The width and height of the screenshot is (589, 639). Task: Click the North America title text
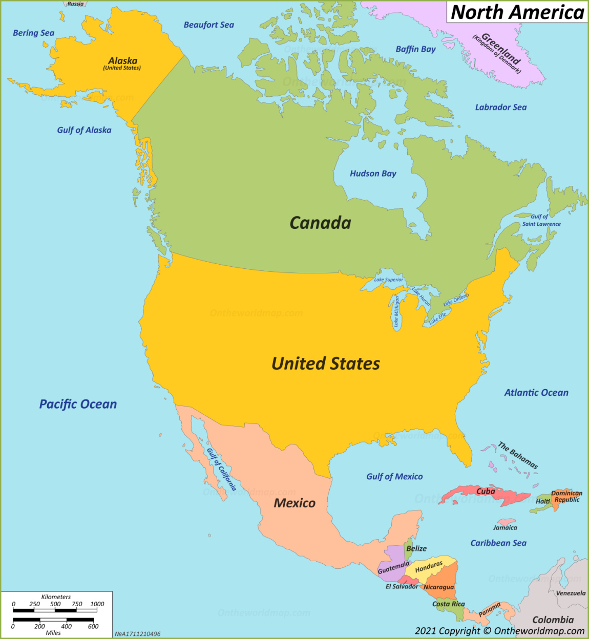click(517, 12)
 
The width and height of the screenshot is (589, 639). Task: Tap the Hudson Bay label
click(373, 174)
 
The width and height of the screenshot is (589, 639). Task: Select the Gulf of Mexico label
click(394, 477)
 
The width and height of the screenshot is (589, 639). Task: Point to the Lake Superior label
click(389, 280)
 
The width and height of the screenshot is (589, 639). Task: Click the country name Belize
click(416, 548)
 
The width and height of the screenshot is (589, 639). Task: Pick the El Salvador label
click(402, 586)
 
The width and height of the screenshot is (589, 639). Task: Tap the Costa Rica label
click(448, 604)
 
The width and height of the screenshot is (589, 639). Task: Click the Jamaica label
click(505, 528)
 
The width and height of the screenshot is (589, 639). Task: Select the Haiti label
click(543, 501)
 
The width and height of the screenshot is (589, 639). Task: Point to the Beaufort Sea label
click(208, 25)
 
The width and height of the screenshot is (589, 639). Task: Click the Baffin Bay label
click(415, 49)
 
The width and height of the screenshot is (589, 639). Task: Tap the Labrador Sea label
click(500, 107)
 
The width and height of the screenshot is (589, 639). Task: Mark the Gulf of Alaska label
click(84, 130)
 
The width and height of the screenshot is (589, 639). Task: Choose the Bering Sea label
click(33, 33)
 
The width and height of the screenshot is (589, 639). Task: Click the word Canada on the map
click(320, 223)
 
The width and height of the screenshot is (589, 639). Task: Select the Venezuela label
click(571, 593)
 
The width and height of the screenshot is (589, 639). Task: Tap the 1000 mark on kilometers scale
click(97, 604)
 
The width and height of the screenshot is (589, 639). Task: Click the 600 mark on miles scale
click(93, 626)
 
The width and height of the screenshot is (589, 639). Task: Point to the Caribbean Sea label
click(498, 543)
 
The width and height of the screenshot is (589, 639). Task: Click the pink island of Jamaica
click(506, 521)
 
